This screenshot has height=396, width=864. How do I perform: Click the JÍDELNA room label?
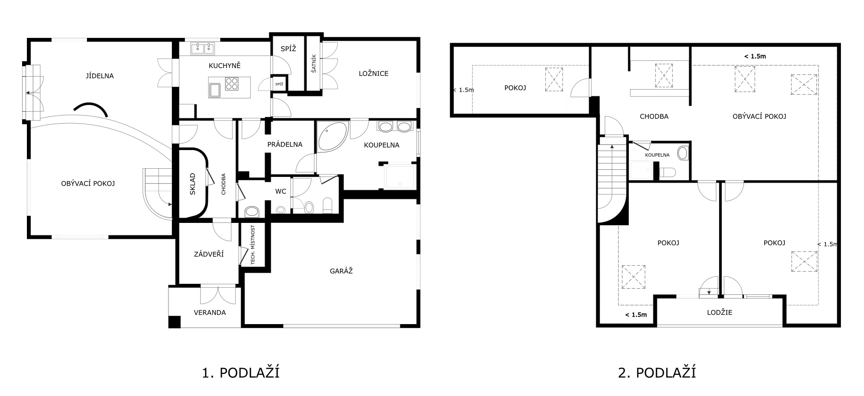point(100,76)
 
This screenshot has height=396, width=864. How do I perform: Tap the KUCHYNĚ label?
point(225,65)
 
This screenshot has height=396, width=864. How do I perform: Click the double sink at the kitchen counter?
point(204,48)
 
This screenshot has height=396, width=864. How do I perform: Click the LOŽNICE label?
point(373,73)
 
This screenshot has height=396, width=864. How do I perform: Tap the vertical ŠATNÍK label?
point(313,62)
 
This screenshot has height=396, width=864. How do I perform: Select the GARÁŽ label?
point(341,271)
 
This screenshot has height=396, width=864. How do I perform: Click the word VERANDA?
point(210,313)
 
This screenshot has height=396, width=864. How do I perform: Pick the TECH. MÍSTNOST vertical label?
point(252,245)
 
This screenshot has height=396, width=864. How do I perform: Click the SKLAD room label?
point(192,183)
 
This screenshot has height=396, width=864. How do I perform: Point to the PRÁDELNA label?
point(285,144)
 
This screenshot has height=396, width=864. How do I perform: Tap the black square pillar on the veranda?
point(174,322)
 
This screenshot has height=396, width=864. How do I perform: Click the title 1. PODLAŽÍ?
point(241,373)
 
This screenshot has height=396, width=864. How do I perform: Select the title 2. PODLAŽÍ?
point(657,373)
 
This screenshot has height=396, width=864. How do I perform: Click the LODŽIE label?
point(720,313)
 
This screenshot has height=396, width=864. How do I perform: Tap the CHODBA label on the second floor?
point(654,116)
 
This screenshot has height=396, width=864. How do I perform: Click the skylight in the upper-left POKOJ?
point(553,79)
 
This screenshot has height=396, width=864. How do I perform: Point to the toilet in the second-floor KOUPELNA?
point(668,172)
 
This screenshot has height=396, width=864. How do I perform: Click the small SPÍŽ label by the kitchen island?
point(279,84)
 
